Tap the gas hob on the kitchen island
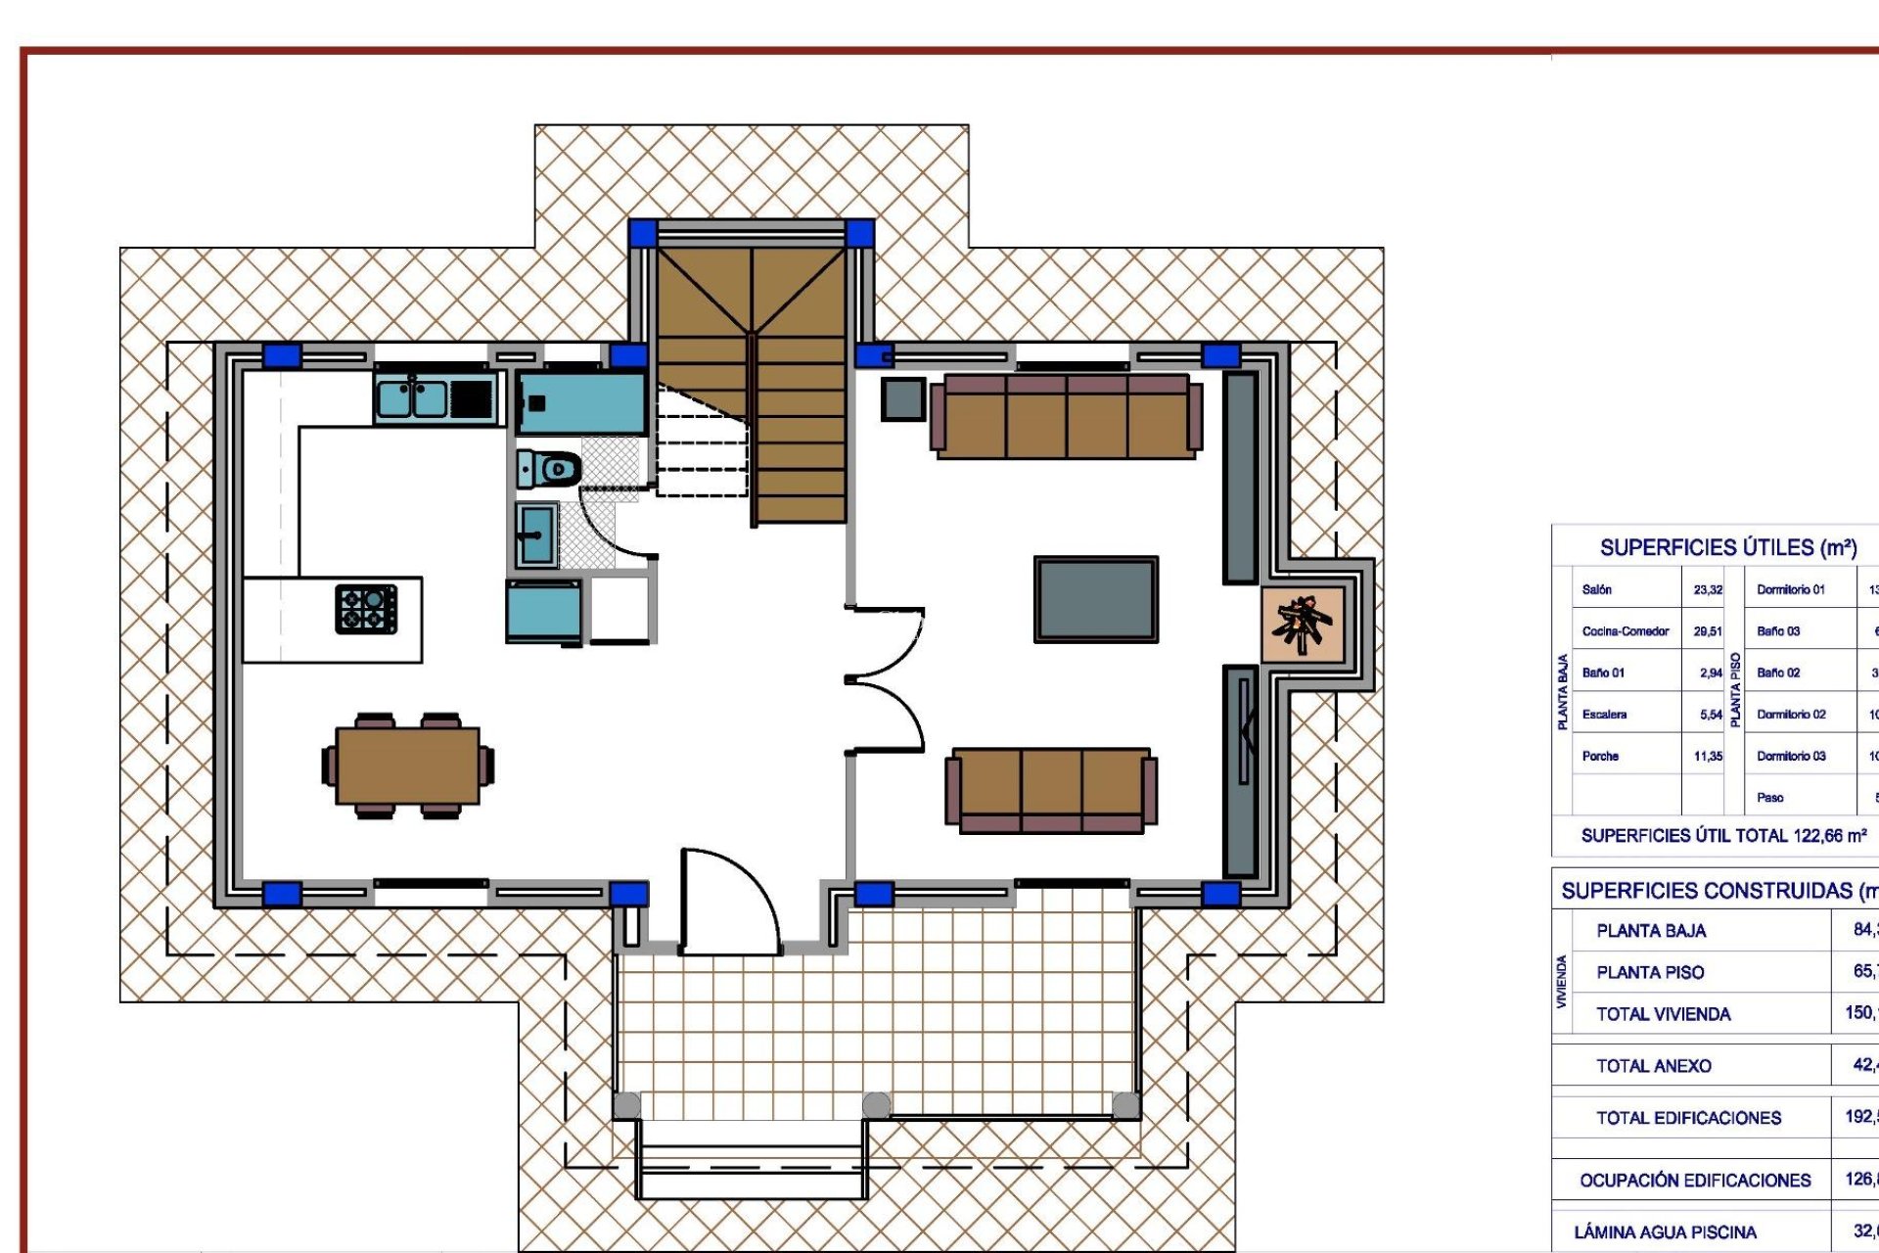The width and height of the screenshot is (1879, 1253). (x=366, y=608)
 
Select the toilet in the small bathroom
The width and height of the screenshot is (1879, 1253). (x=550, y=469)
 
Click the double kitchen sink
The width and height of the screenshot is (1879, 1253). (x=412, y=399)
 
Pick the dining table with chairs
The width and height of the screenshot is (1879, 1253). (x=408, y=766)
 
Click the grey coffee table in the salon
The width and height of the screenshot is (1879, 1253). (x=1095, y=599)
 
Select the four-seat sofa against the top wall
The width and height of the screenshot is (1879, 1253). (x=1066, y=416)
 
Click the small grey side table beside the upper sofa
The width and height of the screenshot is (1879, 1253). (x=902, y=398)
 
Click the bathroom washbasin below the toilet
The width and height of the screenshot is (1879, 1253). (x=536, y=534)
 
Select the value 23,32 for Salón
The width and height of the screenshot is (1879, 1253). (x=1708, y=590)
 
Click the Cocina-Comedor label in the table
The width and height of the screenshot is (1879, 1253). (x=1626, y=631)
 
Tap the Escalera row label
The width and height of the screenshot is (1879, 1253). (x=1604, y=715)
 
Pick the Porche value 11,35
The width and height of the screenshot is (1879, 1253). (x=1708, y=757)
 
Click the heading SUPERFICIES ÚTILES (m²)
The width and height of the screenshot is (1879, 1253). (x=1728, y=548)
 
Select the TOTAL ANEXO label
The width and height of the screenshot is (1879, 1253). (x=1654, y=1066)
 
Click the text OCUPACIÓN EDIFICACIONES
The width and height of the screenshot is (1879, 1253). (x=1695, y=1181)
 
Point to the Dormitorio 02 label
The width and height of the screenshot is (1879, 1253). (x=1791, y=715)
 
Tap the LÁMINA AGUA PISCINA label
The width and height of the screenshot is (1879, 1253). (x=1665, y=1232)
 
